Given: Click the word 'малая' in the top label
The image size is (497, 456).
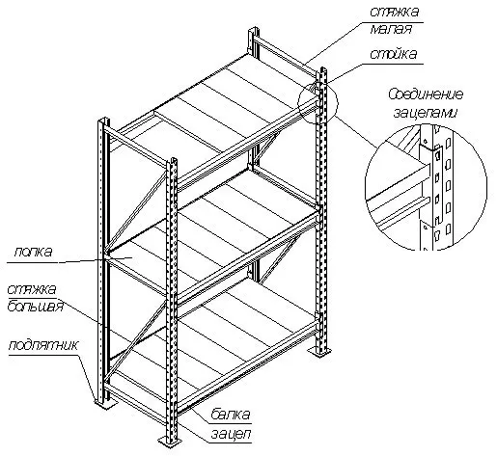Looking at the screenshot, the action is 391,30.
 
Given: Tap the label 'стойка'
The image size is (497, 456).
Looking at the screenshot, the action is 394,54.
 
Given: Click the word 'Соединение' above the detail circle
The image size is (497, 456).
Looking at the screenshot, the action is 426,94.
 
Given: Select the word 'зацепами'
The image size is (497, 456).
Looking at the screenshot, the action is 425,113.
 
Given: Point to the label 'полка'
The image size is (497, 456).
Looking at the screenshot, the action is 33,252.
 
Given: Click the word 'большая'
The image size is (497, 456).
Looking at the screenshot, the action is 35,307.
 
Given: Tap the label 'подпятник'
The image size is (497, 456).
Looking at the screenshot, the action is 43,345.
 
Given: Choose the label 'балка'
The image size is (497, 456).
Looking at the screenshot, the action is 231,415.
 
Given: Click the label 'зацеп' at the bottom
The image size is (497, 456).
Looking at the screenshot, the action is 231,434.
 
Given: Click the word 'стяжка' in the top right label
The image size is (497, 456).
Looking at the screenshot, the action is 395,12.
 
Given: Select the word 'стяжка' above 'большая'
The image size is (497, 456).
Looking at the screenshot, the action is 32,289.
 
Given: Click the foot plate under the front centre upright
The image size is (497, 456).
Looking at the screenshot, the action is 170,440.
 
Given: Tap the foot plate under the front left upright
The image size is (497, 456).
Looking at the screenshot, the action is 105,404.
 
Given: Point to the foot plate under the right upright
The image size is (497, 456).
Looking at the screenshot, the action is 320,352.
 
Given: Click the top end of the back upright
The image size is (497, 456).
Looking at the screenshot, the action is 254,30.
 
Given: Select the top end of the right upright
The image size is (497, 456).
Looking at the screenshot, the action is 322,70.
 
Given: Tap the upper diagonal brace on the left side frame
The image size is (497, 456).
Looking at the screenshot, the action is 137,211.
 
